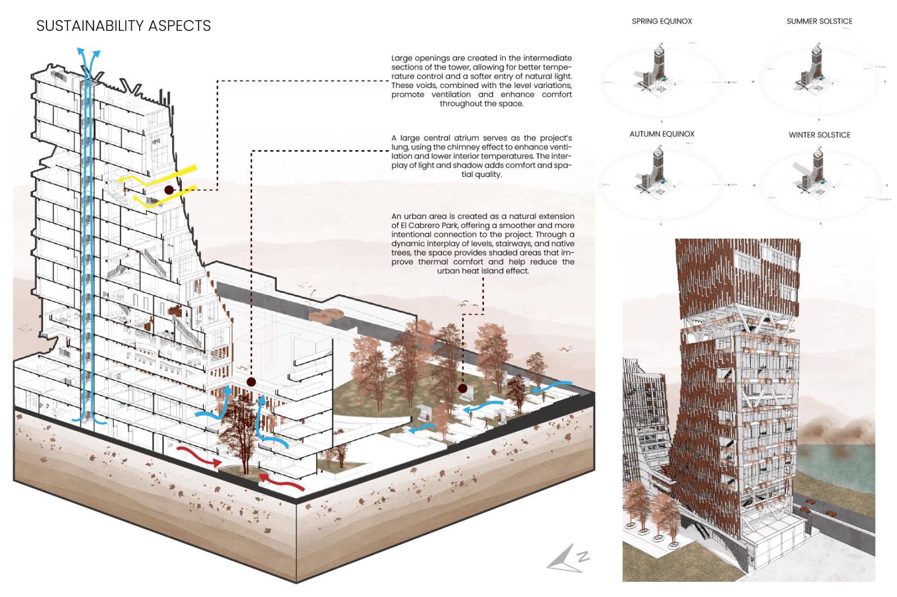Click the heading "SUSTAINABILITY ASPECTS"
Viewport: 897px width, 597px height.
(123, 26)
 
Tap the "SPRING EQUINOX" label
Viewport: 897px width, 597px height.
(662, 21)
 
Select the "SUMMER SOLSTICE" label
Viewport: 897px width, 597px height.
(819, 21)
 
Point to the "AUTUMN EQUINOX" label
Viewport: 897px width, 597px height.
(662, 134)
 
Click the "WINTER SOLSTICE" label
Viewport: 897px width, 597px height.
(819, 135)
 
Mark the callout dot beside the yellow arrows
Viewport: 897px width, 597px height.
(169, 190)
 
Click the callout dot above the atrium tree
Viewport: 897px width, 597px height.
(251, 383)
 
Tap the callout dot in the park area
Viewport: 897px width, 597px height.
(463, 388)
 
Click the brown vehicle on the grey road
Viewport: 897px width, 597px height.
(329, 315)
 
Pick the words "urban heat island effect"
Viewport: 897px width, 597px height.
(483, 271)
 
